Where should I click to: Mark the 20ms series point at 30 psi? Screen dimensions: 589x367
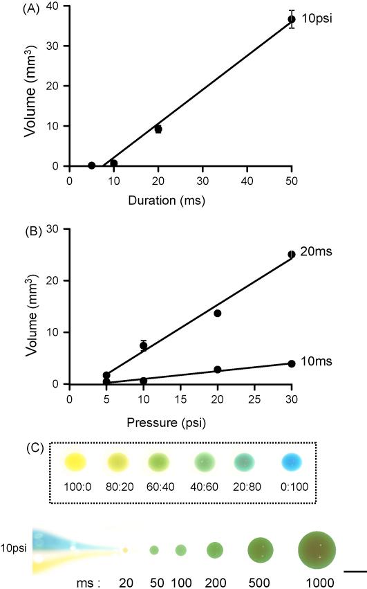tap(292, 255)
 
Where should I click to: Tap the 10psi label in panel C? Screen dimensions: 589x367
tap(15, 547)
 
